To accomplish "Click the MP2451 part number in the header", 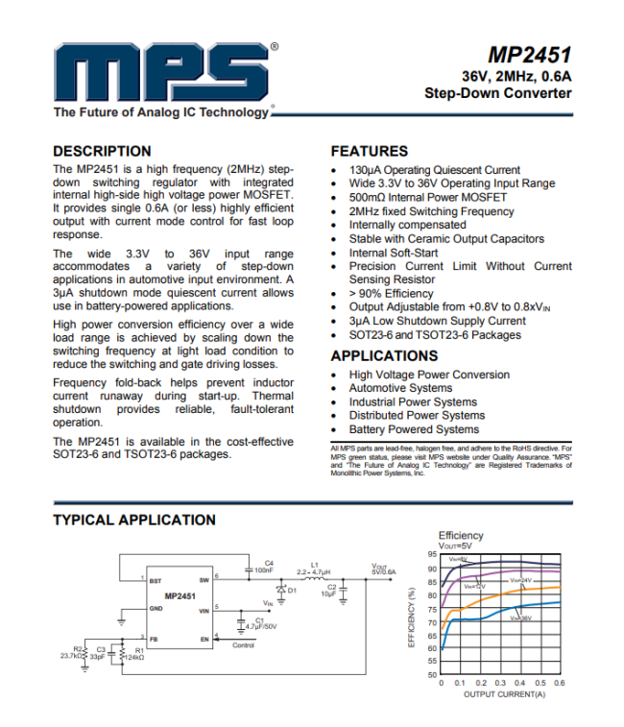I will click(x=530, y=56).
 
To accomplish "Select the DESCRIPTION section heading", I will click(x=102, y=151).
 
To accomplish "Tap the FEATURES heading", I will click(x=369, y=151).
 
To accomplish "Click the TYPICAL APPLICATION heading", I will click(x=134, y=520).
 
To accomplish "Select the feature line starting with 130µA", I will click(x=435, y=170).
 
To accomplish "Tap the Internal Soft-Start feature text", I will click(x=394, y=253).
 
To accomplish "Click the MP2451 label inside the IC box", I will click(x=180, y=596).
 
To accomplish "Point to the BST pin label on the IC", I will click(x=156, y=580).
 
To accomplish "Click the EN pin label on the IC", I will click(x=204, y=639).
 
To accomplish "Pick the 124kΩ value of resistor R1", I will click(x=133, y=658).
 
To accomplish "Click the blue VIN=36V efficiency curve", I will click(x=538, y=604).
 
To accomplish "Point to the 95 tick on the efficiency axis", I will click(x=431, y=555).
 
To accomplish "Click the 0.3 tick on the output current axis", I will click(x=500, y=683).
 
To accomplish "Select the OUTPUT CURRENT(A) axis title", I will click(x=500, y=693).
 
